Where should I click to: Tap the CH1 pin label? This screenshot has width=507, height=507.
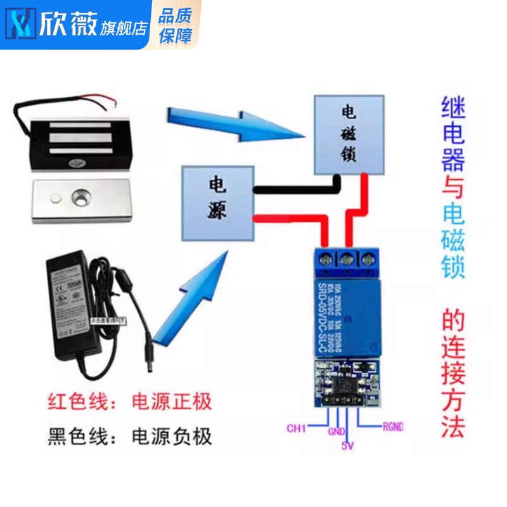[297, 428]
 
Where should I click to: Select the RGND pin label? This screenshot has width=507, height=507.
[392, 427]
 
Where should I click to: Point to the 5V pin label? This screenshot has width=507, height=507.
[347, 446]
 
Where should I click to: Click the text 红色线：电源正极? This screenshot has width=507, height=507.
[130, 402]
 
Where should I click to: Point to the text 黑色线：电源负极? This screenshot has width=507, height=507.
[130, 437]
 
